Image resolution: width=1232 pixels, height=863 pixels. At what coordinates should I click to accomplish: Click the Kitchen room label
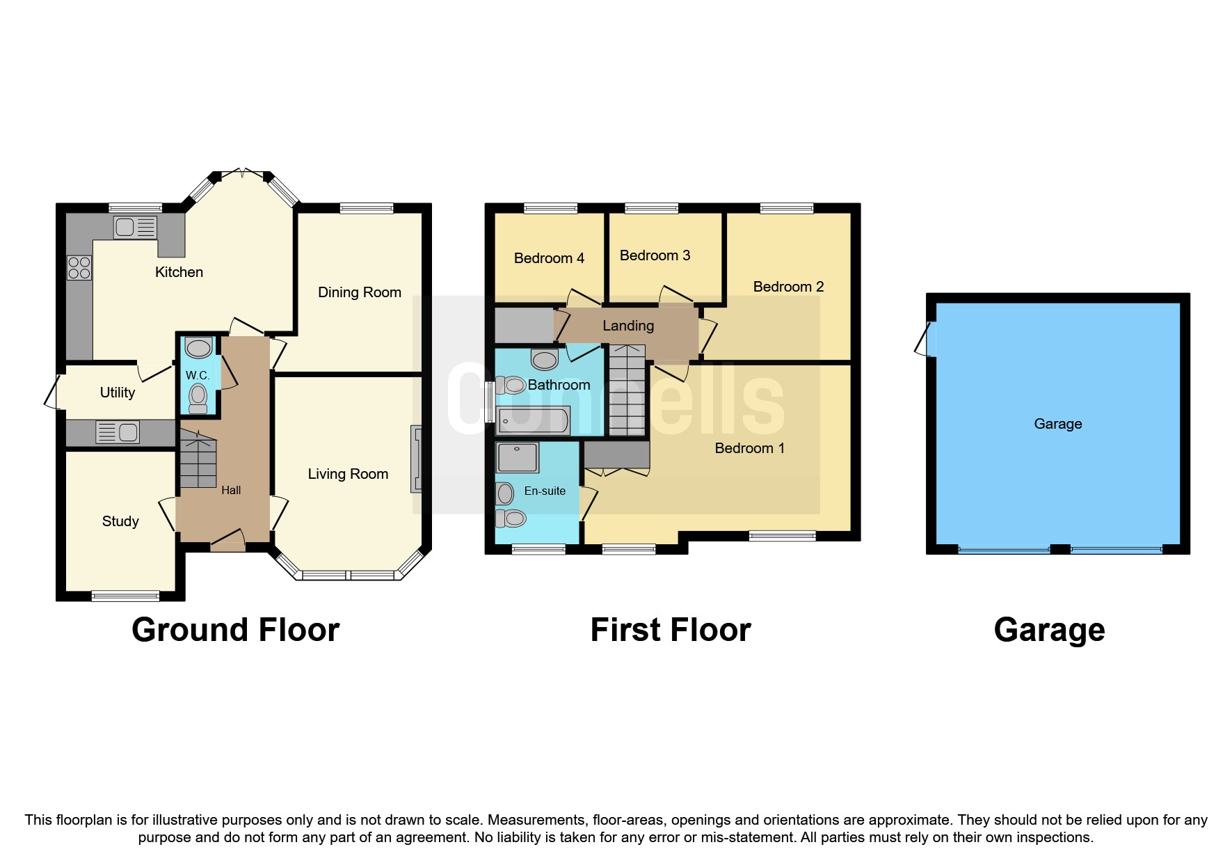[x=179, y=272]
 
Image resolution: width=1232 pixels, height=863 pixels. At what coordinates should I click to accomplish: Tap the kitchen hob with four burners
[x=79, y=268]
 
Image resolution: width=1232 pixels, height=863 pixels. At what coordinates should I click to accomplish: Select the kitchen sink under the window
[x=135, y=227]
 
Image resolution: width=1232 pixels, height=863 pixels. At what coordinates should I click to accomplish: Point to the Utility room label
[x=117, y=393]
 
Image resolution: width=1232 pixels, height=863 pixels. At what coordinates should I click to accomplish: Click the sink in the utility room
[x=118, y=432]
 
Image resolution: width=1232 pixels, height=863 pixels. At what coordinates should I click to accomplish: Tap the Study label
[x=120, y=521]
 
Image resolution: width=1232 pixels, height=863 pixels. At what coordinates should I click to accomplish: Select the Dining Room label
[x=359, y=292]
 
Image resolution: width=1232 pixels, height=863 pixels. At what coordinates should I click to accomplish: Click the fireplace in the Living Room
[x=416, y=459]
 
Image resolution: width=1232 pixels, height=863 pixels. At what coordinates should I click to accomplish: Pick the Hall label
[x=231, y=491]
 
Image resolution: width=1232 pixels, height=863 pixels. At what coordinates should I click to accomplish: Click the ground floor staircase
[x=198, y=459]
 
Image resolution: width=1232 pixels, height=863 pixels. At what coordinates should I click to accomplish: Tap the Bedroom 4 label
[x=549, y=258]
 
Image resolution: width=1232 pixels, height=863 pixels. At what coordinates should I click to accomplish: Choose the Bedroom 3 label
[x=655, y=255]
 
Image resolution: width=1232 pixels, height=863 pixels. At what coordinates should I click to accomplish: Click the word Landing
[x=628, y=326]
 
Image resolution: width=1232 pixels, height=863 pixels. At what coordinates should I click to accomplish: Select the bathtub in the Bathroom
[x=534, y=421]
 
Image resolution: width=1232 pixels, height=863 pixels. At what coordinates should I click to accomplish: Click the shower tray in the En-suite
[x=518, y=457]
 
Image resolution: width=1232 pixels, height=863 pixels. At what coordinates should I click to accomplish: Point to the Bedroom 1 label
[x=749, y=448]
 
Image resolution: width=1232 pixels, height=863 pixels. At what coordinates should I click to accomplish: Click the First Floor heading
[x=671, y=630]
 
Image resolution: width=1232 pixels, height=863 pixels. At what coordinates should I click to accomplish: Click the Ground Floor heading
[x=235, y=630]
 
